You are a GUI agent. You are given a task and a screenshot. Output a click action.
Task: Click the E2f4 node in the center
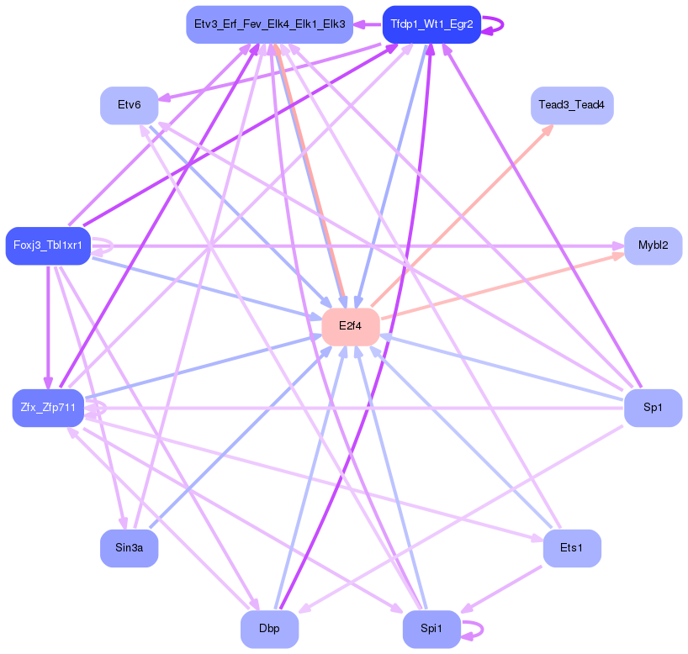pyautogui.click(x=350, y=326)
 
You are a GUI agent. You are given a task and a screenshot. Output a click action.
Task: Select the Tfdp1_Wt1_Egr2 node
pyautogui.click(x=431, y=24)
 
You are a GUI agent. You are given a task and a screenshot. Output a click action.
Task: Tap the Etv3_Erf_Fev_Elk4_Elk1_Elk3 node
pyautogui.click(x=269, y=24)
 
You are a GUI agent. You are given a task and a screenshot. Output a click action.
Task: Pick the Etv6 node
pyautogui.click(x=129, y=105)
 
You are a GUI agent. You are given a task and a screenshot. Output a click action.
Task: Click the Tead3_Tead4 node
pyautogui.click(x=572, y=105)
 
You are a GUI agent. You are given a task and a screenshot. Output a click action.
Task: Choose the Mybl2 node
pyautogui.click(x=653, y=245)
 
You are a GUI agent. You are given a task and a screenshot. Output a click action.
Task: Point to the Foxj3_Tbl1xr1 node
pyautogui.click(x=48, y=245)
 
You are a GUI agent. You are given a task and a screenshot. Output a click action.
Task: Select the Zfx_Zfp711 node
pyautogui.click(x=48, y=408)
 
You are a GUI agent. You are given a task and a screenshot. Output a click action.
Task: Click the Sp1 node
pyautogui.click(x=653, y=408)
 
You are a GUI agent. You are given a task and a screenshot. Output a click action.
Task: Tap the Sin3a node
pyautogui.click(x=129, y=548)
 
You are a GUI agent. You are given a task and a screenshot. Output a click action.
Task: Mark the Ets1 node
pyautogui.click(x=572, y=548)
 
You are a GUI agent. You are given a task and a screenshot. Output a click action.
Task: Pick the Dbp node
pyautogui.click(x=269, y=629)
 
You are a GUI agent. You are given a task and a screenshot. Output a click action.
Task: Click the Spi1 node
pyautogui.click(x=431, y=629)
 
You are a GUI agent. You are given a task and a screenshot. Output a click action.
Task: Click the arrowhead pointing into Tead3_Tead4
pyautogui.click(x=548, y=129)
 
